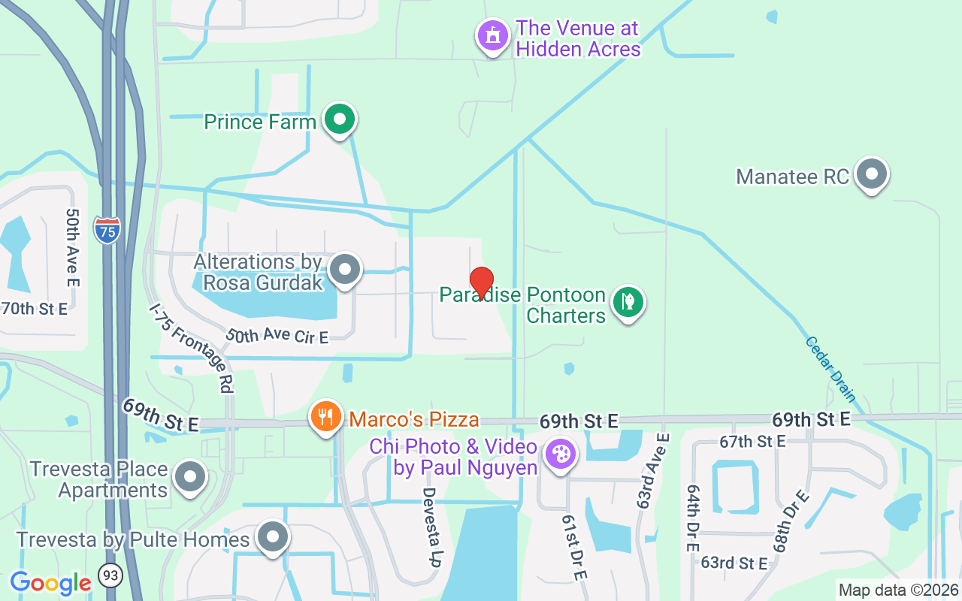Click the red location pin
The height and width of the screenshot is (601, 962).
pyautogui.click(x=481, y=283)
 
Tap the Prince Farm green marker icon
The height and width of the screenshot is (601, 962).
pyautogui.click(x=340, y=119)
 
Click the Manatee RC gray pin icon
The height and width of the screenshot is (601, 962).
pyautogui.click(x=872, y=174)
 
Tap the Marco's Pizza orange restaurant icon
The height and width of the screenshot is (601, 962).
pyautogui.click(x=325, y=417)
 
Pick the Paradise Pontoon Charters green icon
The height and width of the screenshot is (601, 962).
pyautogui.click(x=628, y=302)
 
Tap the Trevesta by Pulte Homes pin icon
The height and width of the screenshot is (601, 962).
pyautogui.click(x=272, y=538)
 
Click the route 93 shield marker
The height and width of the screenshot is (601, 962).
pyautogui.click(x=111, y=576)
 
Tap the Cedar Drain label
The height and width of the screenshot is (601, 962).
pyautogui.click(x=830, y=369)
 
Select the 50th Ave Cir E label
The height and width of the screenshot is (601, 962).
pyautogui.click(x=277, y=336)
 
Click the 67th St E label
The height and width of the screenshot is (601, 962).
pyautogui.click(x=752, y=441)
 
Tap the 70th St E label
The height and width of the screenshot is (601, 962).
pyautogui.click(x=35, y=308)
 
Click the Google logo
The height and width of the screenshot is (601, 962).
pyautogui.click(x=50, y=583)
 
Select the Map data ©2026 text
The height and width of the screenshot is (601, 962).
pyautogui.click(x=899, y=590)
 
